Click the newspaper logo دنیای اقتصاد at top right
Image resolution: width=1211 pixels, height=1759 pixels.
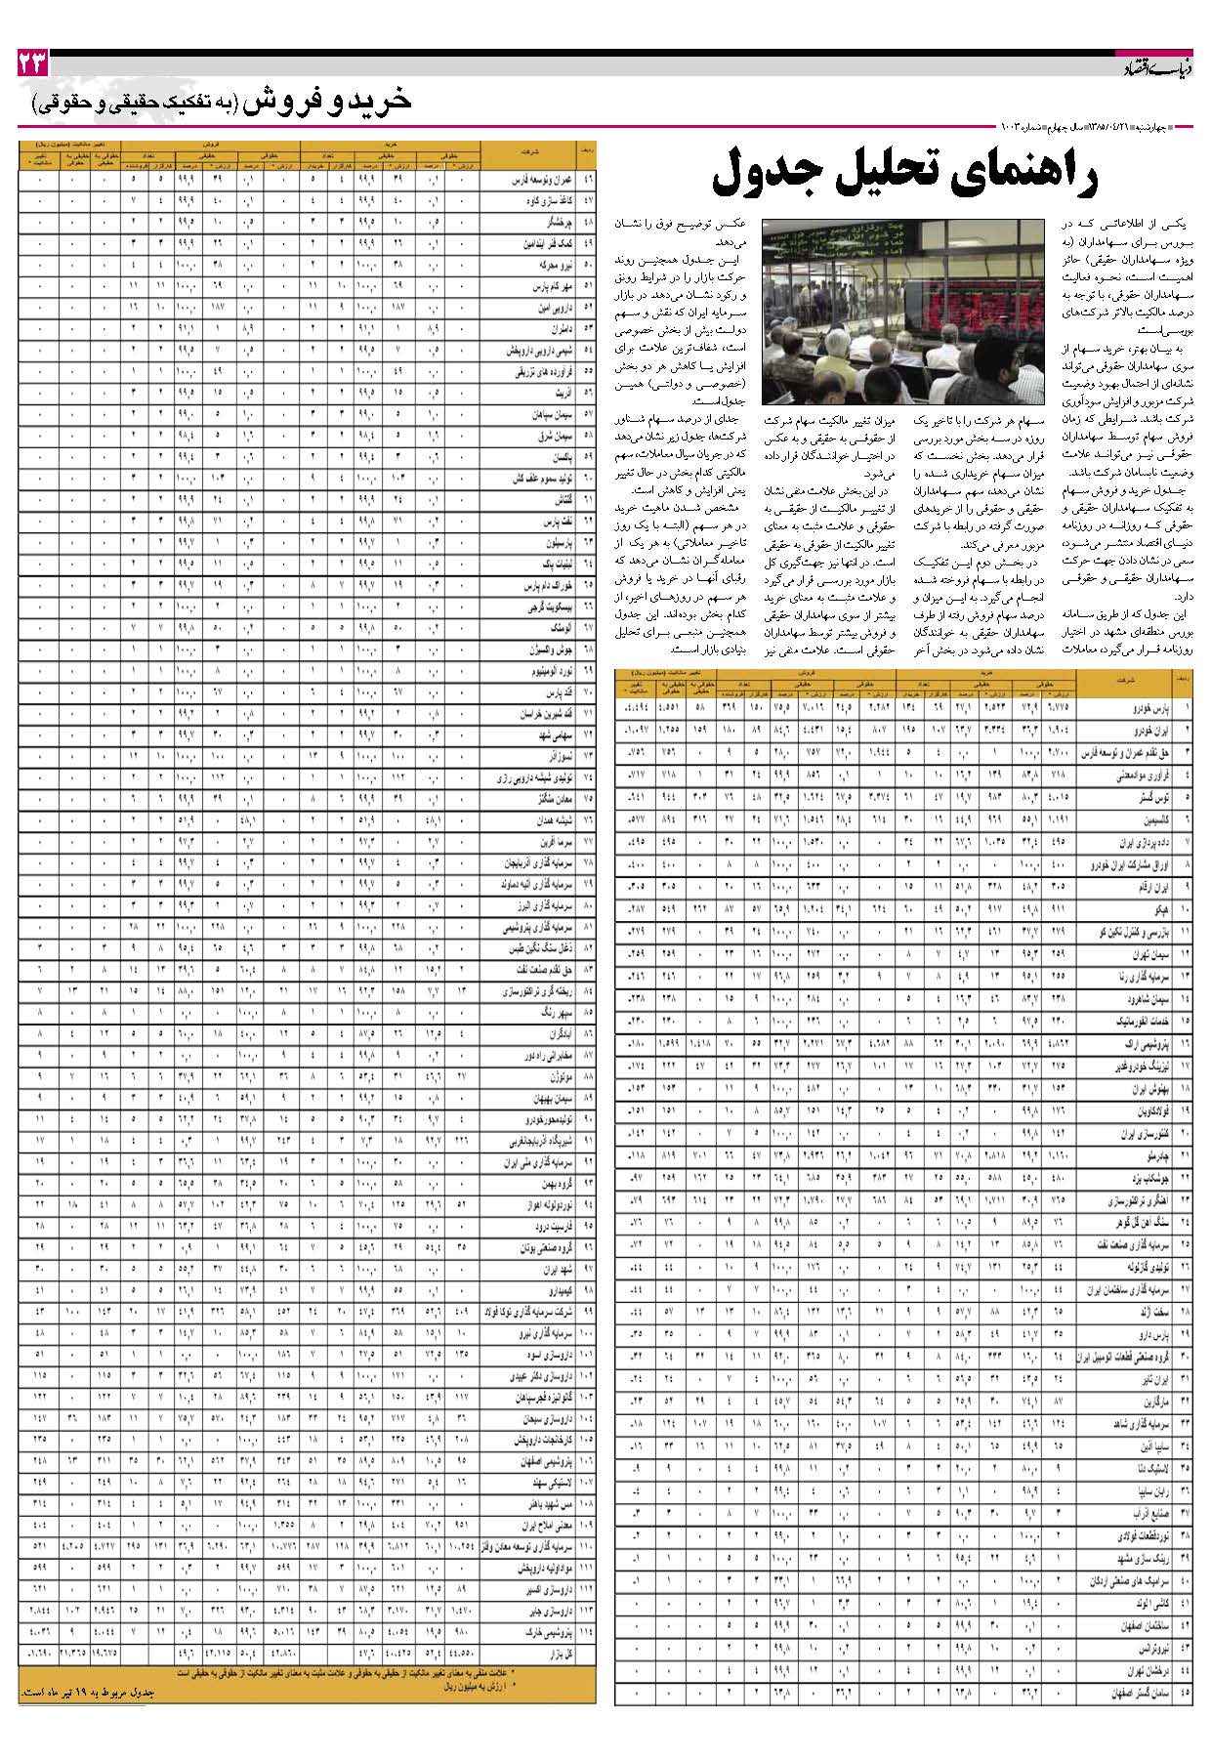point(1150,67)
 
